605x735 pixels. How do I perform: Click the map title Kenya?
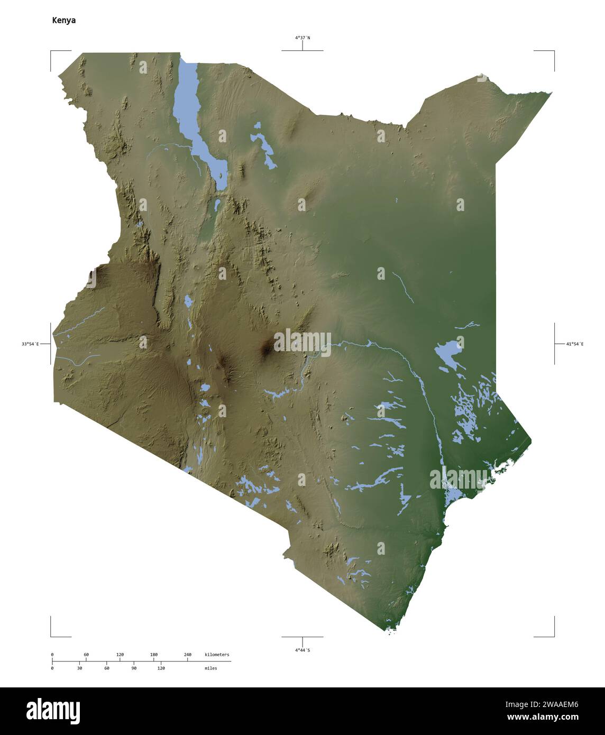pos(63,21)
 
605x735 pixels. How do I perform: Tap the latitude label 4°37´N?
pos(302,38)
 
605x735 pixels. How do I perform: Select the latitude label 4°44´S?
pos(302,649)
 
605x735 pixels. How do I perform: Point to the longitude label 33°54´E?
pos(30,344)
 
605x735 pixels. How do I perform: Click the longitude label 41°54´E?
pos(574,344)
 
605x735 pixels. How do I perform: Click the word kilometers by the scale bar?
pos(217,655)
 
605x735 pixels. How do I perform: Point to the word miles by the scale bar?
pos(210,668)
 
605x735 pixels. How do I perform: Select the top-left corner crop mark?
pos(51,51)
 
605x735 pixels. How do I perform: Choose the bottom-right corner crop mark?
pos(554,636)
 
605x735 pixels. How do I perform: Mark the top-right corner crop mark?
pos(554,51)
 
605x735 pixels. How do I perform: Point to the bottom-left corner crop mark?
pos(51,636)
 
